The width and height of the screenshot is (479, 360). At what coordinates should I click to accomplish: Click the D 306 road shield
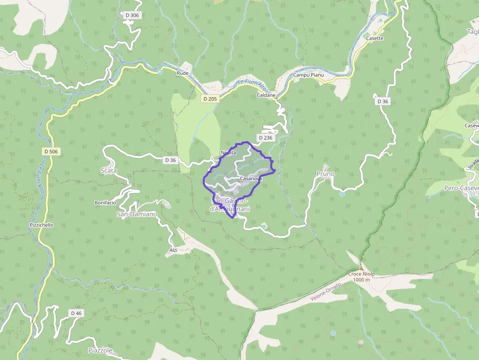pyautogui.click(x=132, y=16)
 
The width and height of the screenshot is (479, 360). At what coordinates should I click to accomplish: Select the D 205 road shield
pyautogui.click(x=209, y=99)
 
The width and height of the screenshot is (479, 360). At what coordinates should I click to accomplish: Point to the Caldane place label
pyautogui.click(x=266, y=95)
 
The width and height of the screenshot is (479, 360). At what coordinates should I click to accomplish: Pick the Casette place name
pyautogui.click(x=375, y=38)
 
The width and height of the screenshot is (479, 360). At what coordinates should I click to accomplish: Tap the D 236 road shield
pyautogui.click(x=265, y=138)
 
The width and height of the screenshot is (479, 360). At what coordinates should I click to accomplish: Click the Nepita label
pyautogui.click(x=228, y=152)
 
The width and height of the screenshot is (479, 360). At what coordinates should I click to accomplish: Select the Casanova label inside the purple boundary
pyautogui.click(x=251, y=179)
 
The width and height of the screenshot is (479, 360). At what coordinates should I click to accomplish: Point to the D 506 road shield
pyautogui.click(x=51, y=151)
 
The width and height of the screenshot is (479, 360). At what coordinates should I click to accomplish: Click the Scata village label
pyautogui.click(x=109, y=171)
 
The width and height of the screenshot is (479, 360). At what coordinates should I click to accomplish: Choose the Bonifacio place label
pyautogui.click(x=105, y=202)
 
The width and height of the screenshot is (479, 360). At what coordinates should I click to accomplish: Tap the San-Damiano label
pyautogui.click(x=137, y=214)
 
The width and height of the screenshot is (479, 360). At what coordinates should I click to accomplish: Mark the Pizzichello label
pyautogui.click(x=41, y=225)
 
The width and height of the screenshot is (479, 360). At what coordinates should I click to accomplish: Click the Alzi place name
pyautogui.click(x=173, y=250)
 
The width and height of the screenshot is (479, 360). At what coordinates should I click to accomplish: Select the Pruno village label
pyautogui.click(x=326, y=174)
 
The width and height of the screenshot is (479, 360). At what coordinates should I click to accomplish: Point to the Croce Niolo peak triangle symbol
pyautogui.click(x=362, y=268)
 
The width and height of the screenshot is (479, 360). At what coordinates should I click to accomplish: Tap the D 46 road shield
pyautogui.click(x=76, y=313)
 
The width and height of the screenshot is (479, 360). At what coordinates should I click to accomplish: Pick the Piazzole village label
pyautogui.click(x=101, y=351)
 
